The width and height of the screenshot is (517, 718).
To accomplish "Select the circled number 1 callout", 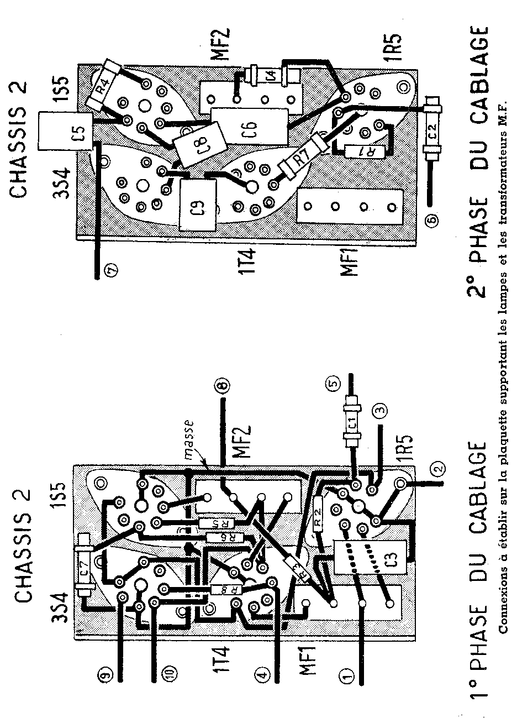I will click(x=347, y=675).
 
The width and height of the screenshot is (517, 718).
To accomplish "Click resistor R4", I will click(x=104, y=85).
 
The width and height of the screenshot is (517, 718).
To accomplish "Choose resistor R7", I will click(x=302, y=159).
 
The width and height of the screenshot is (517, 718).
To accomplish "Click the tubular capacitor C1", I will click(x=351, y=423).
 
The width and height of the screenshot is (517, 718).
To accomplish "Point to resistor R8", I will click(x=227, y=589).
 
